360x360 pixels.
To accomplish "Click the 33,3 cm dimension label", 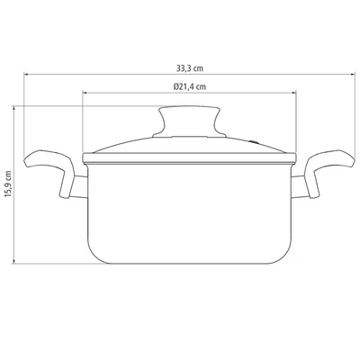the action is [x=190, y=68].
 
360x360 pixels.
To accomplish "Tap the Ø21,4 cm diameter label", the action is [x=190, y=86].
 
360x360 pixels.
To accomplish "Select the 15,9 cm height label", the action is [x=8, y=184].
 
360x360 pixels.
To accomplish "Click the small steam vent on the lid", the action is [x=255, y=141].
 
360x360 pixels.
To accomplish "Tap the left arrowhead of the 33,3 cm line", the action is [x=26, y=74].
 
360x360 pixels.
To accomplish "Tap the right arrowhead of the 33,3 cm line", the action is [x=354, y=74].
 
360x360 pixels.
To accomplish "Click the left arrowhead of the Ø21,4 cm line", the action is [x=85, y=93].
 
